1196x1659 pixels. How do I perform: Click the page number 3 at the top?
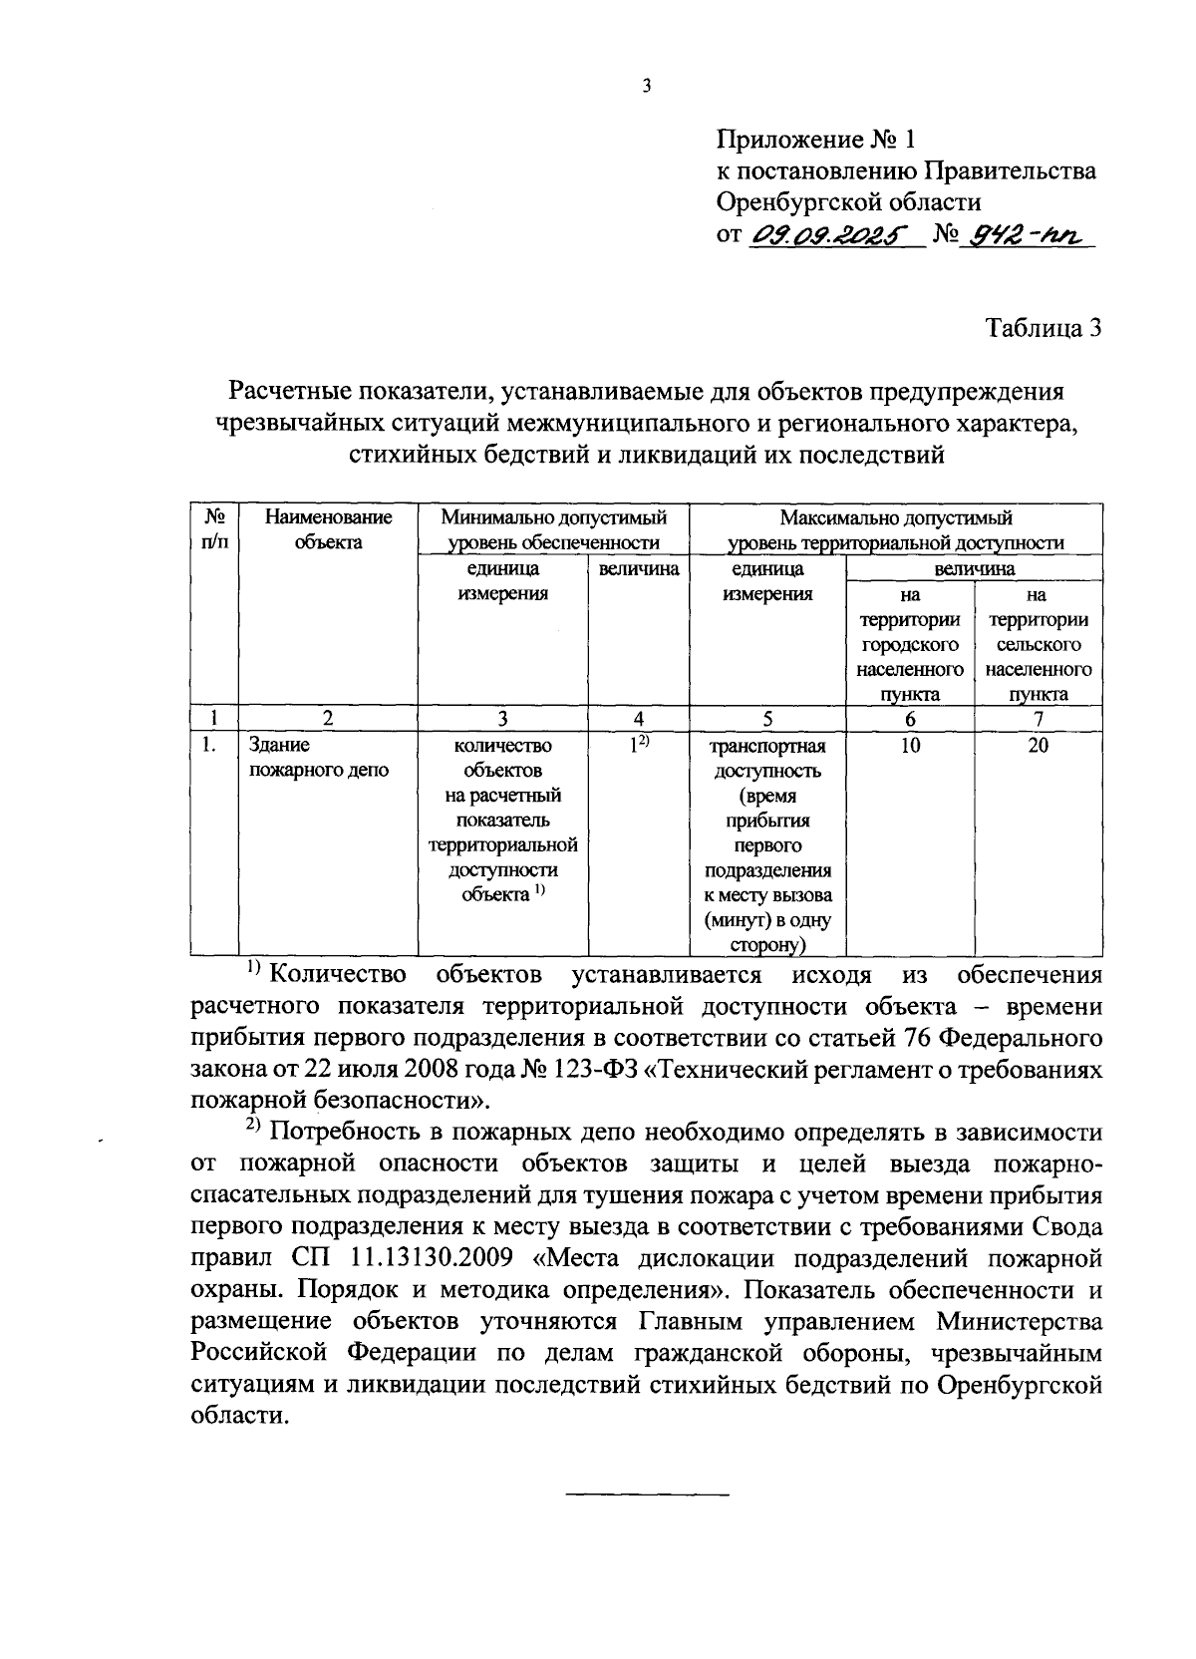(x=646, y=87)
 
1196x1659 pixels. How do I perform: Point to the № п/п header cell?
(x=214, y=529)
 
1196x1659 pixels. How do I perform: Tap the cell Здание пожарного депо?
(x=318, y=758)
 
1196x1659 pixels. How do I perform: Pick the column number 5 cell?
(x=767, y=719)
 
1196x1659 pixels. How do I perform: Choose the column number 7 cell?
(x=1039, y=719)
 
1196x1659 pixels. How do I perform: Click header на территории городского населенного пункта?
(x=910, y=644)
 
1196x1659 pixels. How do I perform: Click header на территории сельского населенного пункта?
(x=1039, y=644)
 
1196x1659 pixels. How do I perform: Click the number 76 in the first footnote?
(x=886, y=1037)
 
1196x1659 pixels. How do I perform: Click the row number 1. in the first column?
(x=208, y=745)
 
